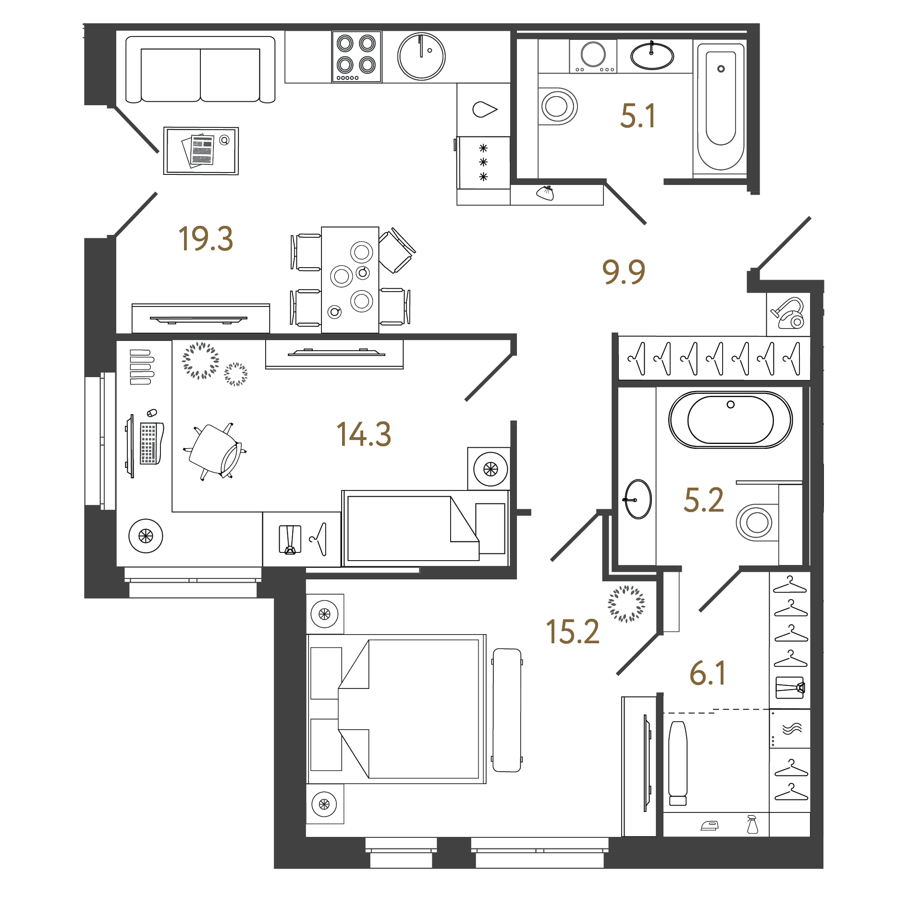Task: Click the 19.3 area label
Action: pyautogui.click(x=206, y=239)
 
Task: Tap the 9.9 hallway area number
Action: pyautogui.click(x=623, y=272)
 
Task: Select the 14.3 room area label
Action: pyautogui.click(x=364, y=434)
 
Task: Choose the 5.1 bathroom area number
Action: pyautogui.click(x=638, y=116)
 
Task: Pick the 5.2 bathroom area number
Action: pyautogui.click(x=703, y=500)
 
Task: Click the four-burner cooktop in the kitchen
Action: pyautogui.click(x=356, y=57)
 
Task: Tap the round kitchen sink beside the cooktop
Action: pyautogui.click(x=421, y=56)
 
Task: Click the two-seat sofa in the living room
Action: pyautogui.click(x=200, y=70)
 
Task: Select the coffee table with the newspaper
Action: pyautogui.click(x=201, y=151)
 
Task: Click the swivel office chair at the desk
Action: pyautogui.click(x=215, y=451)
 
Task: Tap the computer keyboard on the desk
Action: pyautogui.click(x=149, y=443)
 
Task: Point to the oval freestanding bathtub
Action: pyautogui.click(x=730, y=420)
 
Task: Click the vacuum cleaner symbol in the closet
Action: pyautogui.click(x=788, y=314)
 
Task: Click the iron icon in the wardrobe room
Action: pyautogui.click(x=710, y=826)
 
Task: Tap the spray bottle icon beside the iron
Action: pyautogui.click(x=752, y=824)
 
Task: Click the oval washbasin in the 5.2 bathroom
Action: pyautogui.click(x=638, y=499)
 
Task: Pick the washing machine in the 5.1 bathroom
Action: pyautogui.click(x=593, y=56)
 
